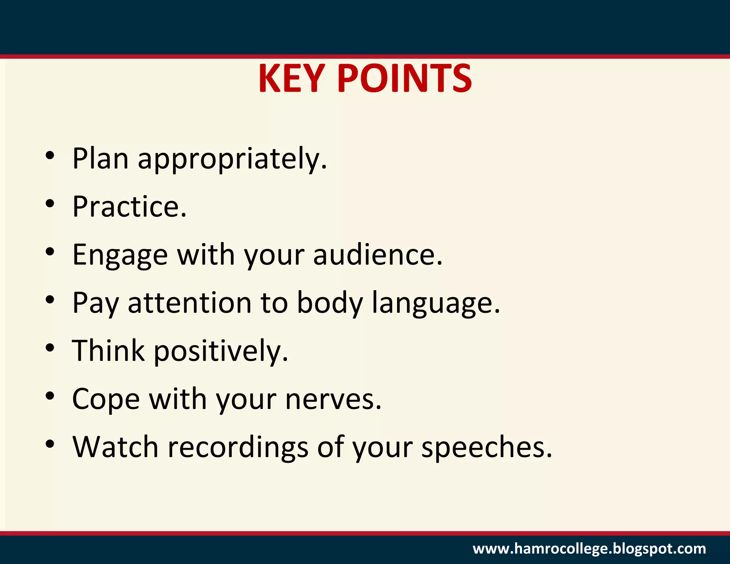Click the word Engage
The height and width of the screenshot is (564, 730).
click(x=120, y=256)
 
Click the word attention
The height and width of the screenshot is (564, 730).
click(x=190, y=303)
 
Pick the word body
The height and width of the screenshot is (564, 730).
click(x=330, y=304)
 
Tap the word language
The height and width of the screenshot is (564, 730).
click(x=436, y=304)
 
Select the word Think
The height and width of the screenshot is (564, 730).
click(x=108, y=351)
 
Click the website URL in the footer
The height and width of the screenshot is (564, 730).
click(x=589, y=549)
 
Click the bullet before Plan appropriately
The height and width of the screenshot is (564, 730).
click(x=50, y=155)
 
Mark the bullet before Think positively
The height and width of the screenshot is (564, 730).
click(x=50, y=348)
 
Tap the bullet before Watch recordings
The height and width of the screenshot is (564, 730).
click(x=50, y=444)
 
